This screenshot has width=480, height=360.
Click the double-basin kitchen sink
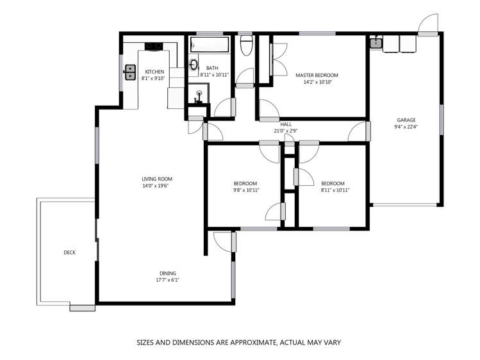click(129, 70)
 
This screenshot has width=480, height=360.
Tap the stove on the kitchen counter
click(154, 45)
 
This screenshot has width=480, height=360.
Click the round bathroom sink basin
click(194, 64)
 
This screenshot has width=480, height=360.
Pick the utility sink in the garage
click(376, 44)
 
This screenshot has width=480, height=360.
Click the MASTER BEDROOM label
click(316, 75)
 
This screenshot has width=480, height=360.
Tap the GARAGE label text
click(406, 120)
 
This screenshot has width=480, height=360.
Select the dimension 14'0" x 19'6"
click(157, 186)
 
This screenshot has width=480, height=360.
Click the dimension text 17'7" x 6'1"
click(167, 280)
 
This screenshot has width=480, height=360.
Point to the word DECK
click(69, 252)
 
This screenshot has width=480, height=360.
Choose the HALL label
click(286, 124)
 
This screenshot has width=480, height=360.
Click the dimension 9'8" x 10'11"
click(245, 190)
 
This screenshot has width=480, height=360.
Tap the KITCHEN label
click(154, 72)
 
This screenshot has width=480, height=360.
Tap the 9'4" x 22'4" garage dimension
click(406, 127)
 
